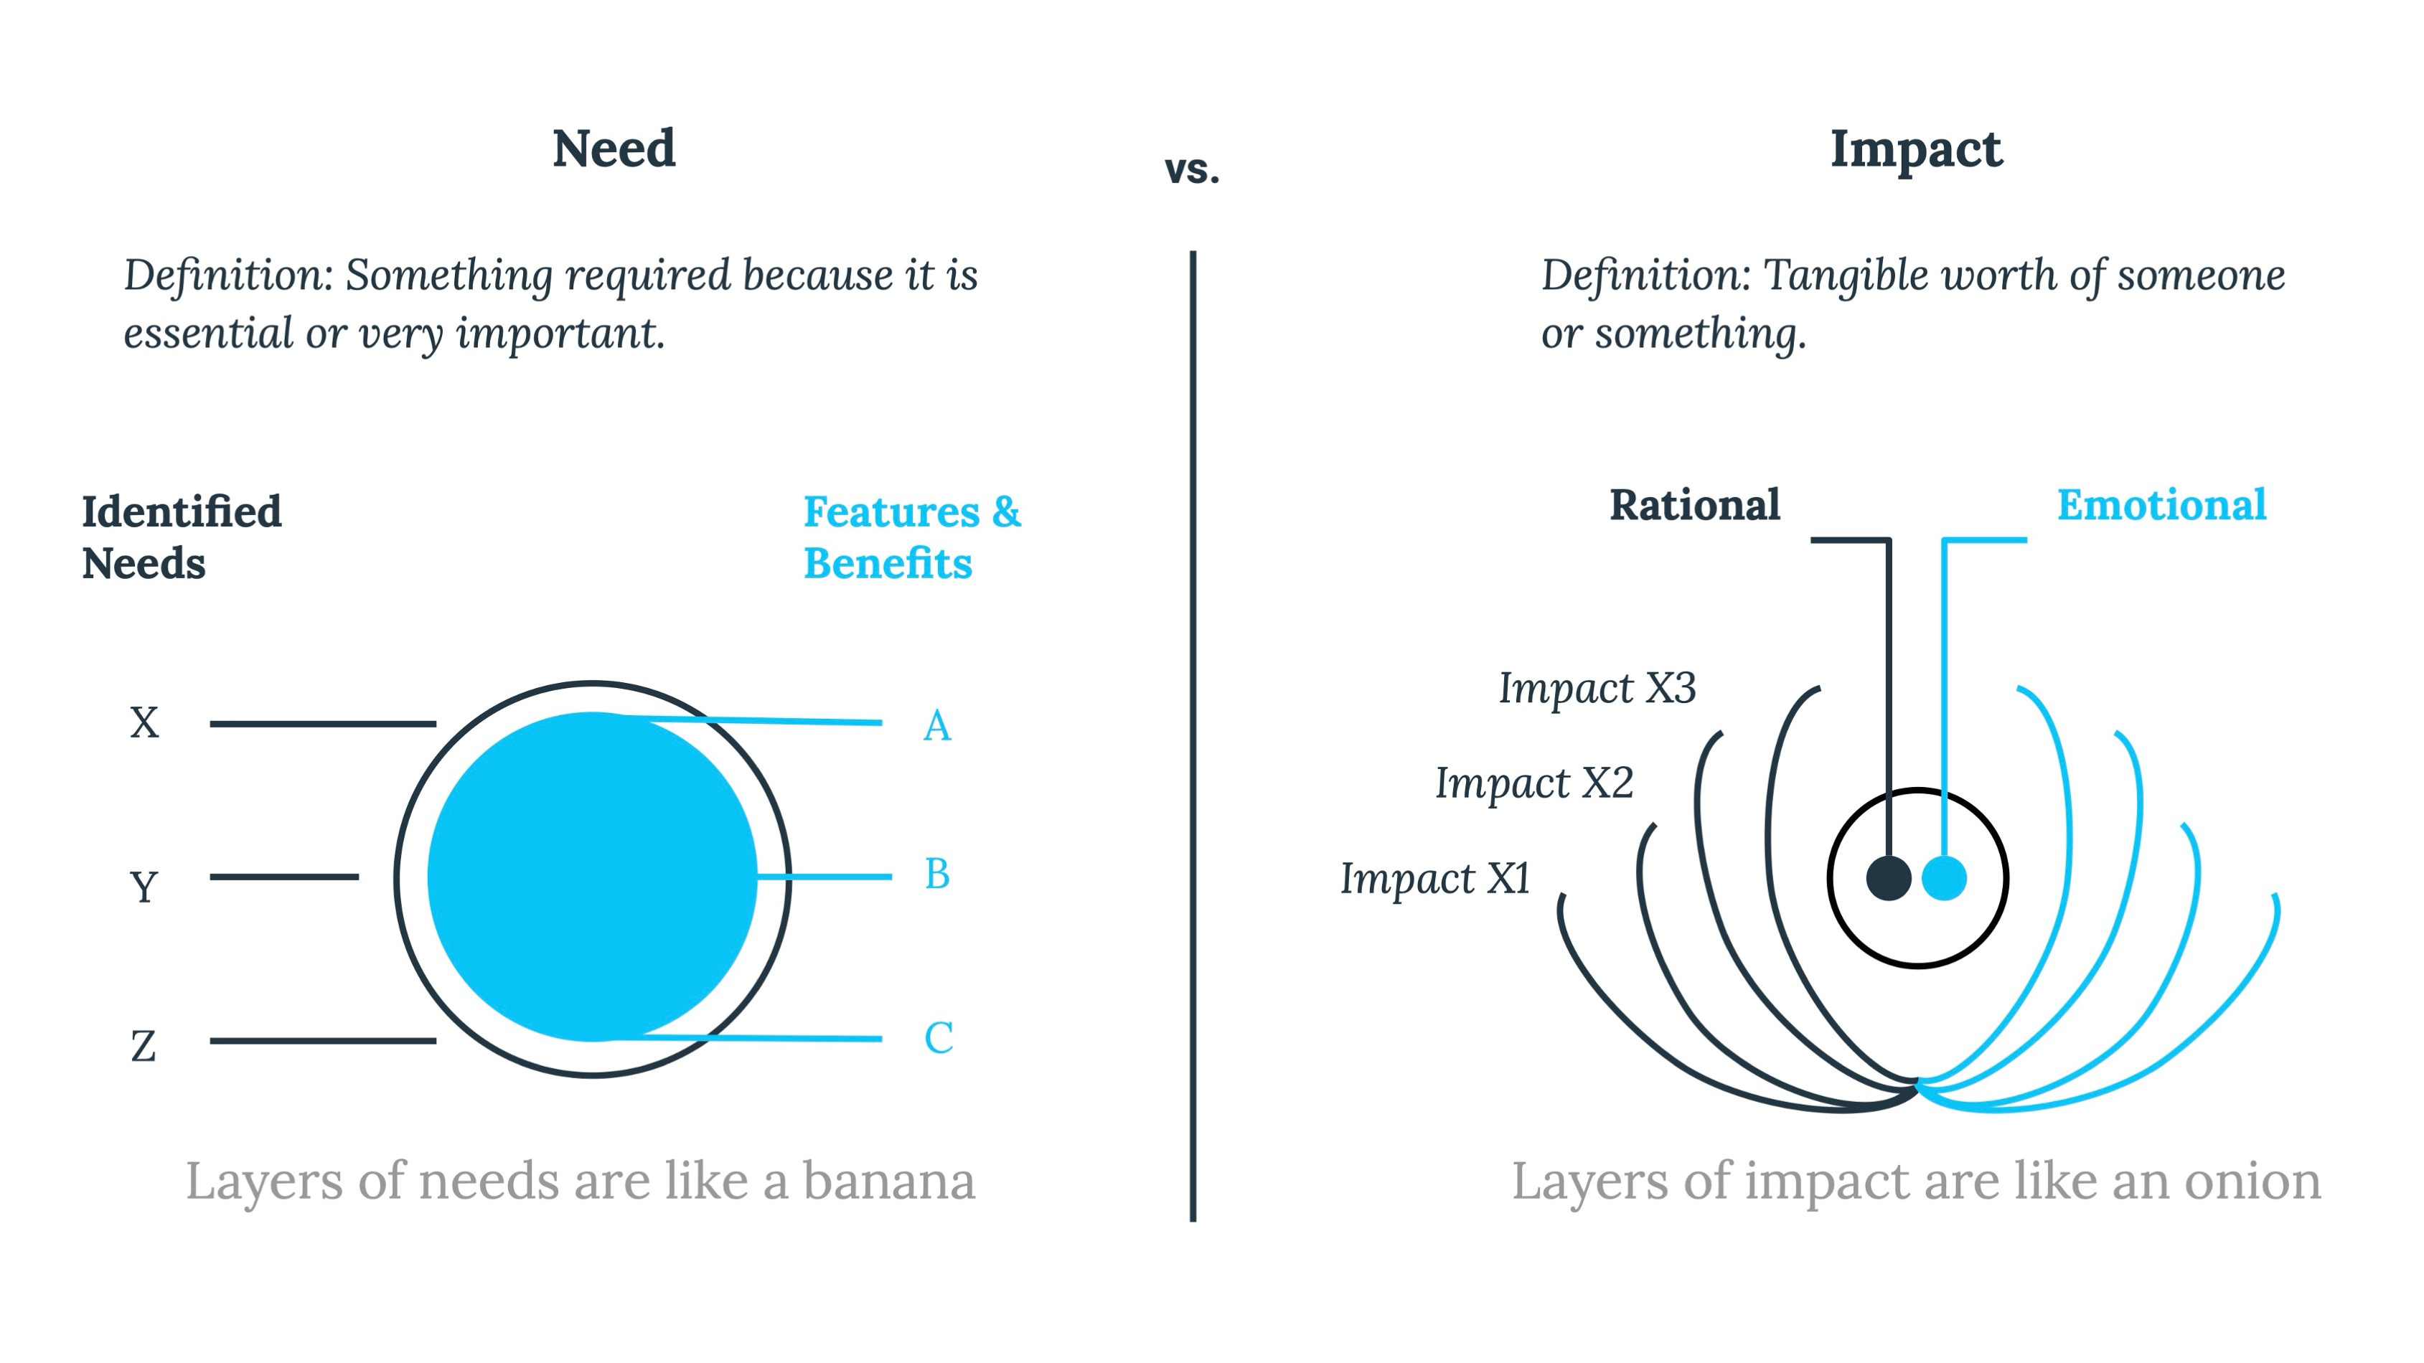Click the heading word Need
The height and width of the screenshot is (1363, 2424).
point(614,148)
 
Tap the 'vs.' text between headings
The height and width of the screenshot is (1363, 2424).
point(1191,170)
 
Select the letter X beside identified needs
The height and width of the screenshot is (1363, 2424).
point(144,723)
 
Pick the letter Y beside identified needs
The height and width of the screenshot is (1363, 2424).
point(144,886)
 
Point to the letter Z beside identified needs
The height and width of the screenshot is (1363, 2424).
point(143,1046)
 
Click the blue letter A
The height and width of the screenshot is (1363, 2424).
point(937,726)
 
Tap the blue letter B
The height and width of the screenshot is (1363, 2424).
point(937,874)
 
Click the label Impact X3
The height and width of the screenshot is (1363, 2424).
point(1597,689)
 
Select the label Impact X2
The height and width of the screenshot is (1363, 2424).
point(1533,783)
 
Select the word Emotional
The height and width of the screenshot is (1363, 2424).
point(2161,505)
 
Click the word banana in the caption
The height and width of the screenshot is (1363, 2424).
point(888,1182)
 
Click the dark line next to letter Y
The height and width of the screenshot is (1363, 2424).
point(284,877)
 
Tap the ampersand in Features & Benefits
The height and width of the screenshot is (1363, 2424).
point(1006,511)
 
